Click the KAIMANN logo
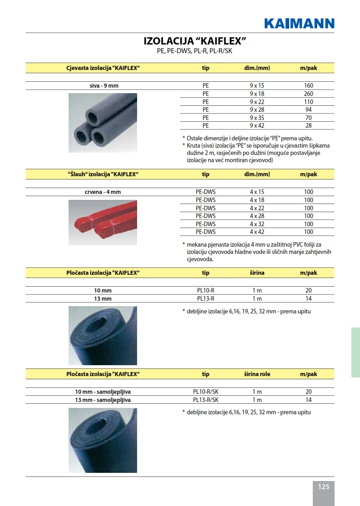[299, 23]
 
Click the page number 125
[323, 486]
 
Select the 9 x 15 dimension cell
[256, 85]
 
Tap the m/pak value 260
[308, 94]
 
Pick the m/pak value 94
[308, 110]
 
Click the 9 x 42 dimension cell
[256, 125]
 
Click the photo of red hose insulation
[103, 223]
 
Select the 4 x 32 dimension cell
[256, 224]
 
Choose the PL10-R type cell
[206, 290]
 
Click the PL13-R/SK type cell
[206, 400]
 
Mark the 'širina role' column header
[256, 374]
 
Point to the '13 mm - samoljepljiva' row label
[103, 400]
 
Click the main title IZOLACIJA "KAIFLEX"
[195, 41]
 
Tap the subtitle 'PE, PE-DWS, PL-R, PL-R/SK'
[194, 51]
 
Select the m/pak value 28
[308, 125]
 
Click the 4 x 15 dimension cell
[256, 192]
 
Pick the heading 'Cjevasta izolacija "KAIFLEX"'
[103, 68]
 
